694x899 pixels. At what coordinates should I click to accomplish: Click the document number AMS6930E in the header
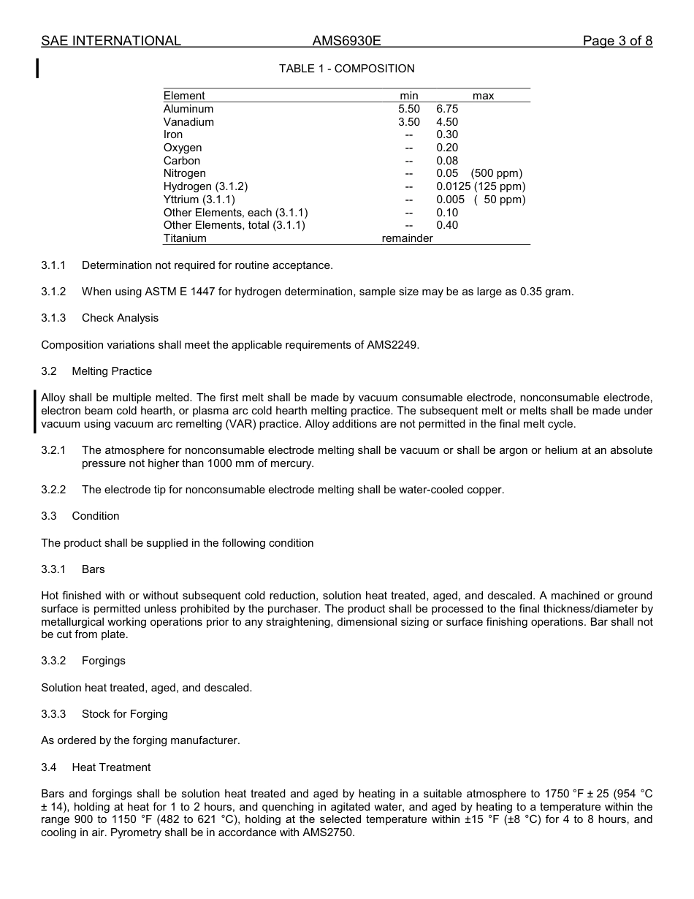pyautogui.click(x=347, y=41)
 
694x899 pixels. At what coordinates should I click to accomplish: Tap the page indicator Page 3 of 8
pyautogui.click(x=617, y=41)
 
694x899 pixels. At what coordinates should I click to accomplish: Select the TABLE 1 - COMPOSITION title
pyautogui.click(x=346, y=69)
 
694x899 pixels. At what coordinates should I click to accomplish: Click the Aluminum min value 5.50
pyautogui.click(x=409, y=109)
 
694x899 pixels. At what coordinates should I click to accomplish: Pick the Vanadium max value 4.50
pyautogui.click(x=447, y=122)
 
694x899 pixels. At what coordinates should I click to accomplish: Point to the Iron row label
pyautogui.click(x=173, y=134)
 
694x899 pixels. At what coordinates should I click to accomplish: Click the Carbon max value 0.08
pyautogui.click(x=447, y=161)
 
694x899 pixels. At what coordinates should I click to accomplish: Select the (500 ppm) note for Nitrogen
pyautogui.click(x=497, y=173)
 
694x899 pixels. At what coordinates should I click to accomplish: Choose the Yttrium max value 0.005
pyautogui.click(x=450, y=200)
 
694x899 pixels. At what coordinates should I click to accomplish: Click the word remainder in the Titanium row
pyautogui.click(x=407, y=238)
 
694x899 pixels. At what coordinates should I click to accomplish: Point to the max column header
pyautogui.click(x=483, y=96)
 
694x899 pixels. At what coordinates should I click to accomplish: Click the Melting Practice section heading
pyautogui.click(x=112, y=371)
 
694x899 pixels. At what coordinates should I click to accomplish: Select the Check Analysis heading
pyautogui.click(x=120, y=318)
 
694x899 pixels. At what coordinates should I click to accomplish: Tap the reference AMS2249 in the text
pyautogui.click(x=392, y=345)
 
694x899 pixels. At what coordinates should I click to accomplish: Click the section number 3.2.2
pyautogui.click(x=53, y=490)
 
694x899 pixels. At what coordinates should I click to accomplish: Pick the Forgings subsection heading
pyautogui.click(x=104, y=661)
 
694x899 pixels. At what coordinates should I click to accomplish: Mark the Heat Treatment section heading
pyautogui.click(x=111, y=767)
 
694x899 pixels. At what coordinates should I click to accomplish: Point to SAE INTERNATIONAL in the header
pyautogui.click(x=111, y=41)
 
